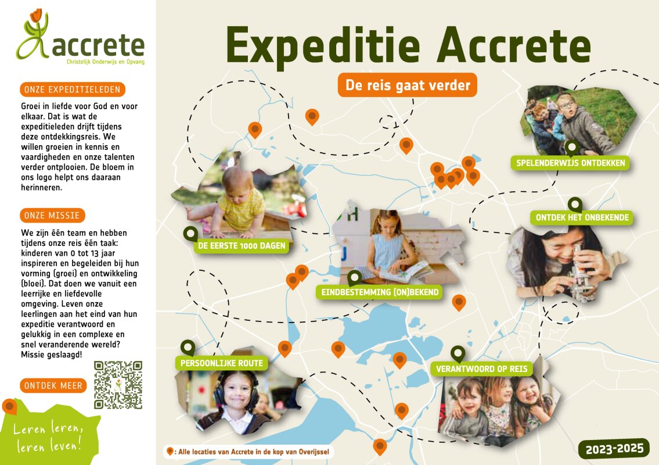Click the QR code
[x=118, y=385]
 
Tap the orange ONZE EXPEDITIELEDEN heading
[x=73, y=89]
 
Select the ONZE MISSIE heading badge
[x=52, y=216]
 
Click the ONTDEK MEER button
[x=53, y=385]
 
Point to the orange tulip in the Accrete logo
[x=36, y=16]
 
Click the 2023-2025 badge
[x=614, y=449]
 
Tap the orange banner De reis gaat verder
[x=407, y=85]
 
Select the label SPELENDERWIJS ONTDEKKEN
[x=570, y=163]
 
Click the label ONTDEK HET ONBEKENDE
[x=582, y=217]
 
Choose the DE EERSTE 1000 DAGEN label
[x=242, y=246]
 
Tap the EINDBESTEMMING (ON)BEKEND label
[x=380, y=292]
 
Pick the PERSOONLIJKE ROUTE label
[x=221, y=363]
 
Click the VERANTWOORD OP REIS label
[x=482, y=369]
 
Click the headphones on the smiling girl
[x=235, y=389]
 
